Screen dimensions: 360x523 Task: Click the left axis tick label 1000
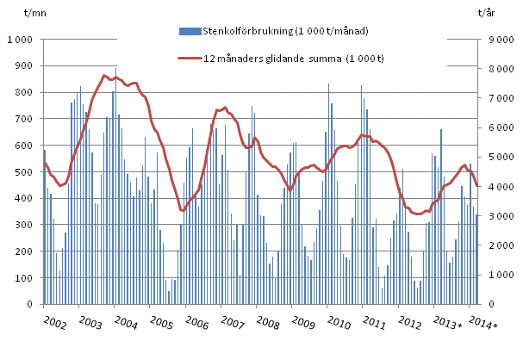click(21, 40)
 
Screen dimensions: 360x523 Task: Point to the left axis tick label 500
click(23, 172)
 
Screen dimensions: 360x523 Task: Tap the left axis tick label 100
click(23, 278)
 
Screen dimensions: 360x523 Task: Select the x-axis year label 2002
click(55, 322)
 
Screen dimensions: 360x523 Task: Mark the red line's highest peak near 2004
click(105, 76)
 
